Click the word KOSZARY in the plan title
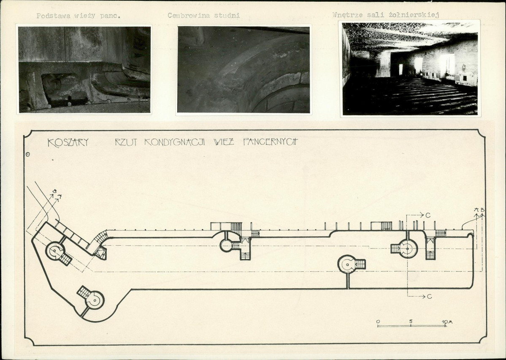68,143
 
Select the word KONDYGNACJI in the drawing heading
175,142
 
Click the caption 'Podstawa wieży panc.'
78,16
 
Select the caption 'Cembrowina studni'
204,16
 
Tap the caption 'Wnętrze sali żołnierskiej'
386,15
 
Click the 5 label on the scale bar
411,321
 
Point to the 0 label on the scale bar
378,321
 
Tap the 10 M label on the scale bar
447,322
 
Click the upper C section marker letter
428,215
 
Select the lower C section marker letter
429,296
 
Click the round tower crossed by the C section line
407,249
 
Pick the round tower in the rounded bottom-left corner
94,300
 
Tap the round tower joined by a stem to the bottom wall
347,264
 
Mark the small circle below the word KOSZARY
28,154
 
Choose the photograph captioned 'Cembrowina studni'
244,69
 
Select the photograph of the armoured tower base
84,69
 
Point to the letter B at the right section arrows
482,210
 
